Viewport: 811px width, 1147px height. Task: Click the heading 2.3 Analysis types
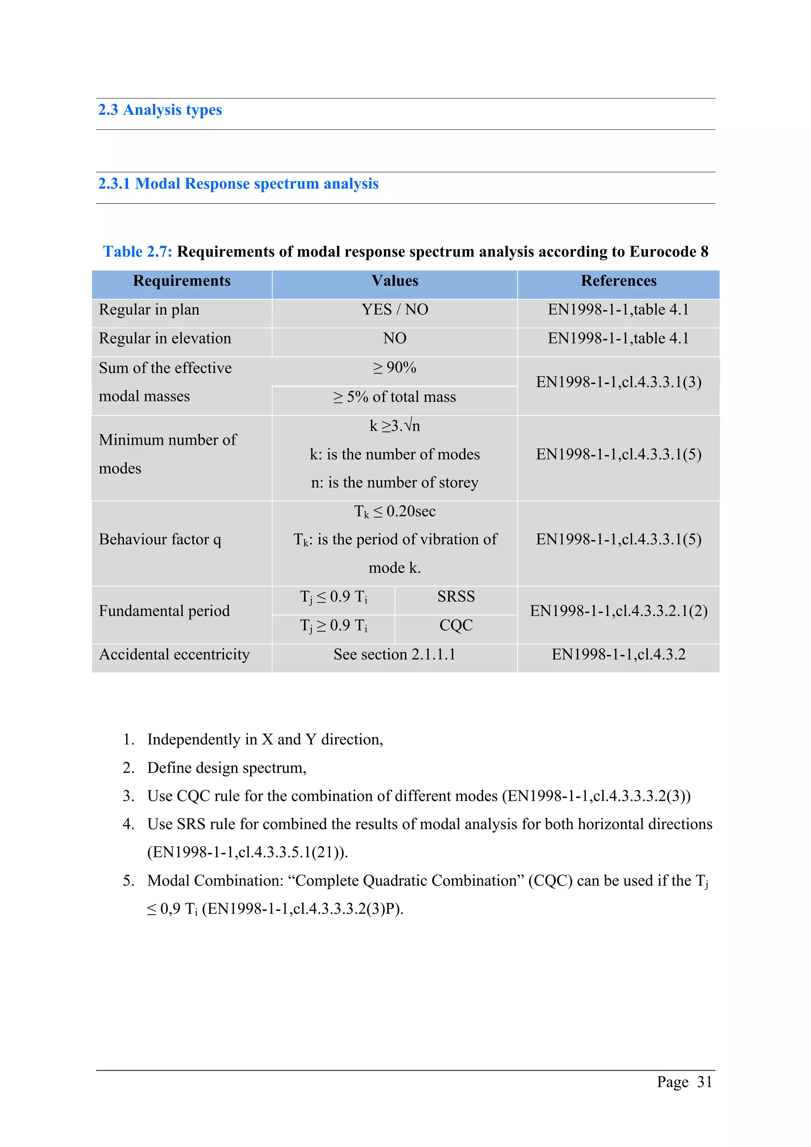(160, 110)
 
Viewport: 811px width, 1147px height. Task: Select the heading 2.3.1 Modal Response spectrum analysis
(238, 184)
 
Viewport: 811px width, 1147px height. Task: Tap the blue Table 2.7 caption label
(137, 251)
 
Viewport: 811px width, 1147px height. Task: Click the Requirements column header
(181, 281)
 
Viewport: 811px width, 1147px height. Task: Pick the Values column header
(394, 281)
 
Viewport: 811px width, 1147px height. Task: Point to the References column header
(618, 281)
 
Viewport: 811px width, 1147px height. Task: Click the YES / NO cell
(394, 310)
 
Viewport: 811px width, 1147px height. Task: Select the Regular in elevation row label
(165, 339)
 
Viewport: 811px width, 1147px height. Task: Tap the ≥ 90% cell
(394, 368)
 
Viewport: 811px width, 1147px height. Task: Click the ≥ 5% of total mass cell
(394, 397)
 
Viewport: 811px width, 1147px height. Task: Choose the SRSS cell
(456, 597)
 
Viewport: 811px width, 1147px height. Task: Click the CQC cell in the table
(456, 625)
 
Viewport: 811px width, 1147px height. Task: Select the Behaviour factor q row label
(160, 539)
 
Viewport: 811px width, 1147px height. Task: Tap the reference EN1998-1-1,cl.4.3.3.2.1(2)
(618, 611)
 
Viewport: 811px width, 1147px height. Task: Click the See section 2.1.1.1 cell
(394, 654)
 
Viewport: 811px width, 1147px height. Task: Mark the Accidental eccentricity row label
(174, 654)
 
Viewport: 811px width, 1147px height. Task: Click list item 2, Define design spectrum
(227, 768)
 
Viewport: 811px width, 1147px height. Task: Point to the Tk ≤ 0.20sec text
(394, 511)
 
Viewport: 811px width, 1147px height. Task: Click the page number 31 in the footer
(704, 1082)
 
